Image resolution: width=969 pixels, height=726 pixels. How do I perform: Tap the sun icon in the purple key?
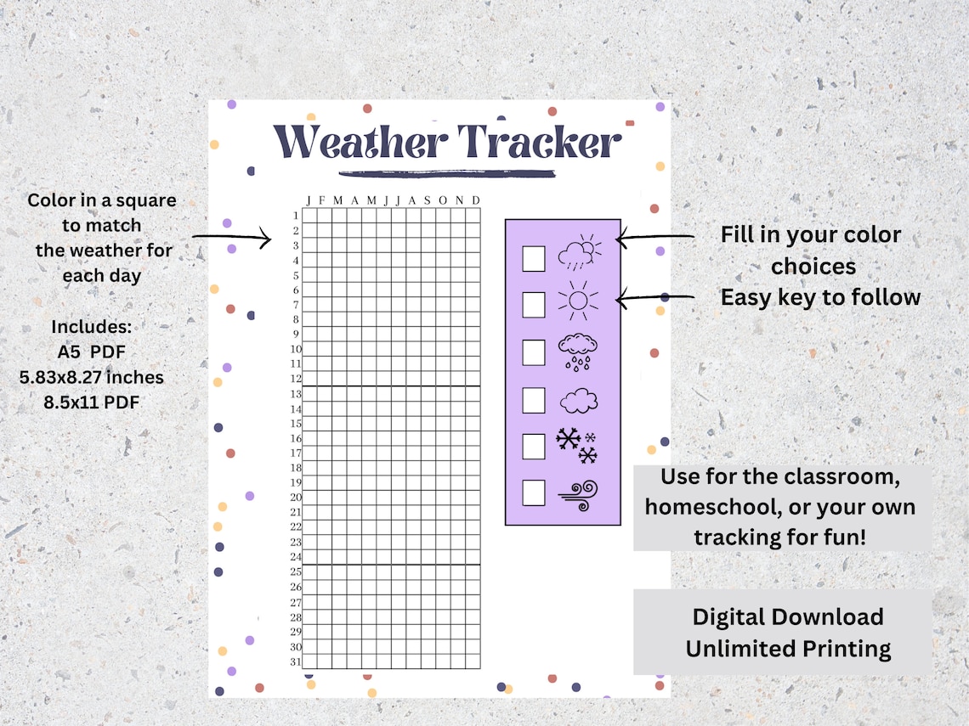(577, 300)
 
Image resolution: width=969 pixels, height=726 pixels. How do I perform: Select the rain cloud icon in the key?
(577, 352)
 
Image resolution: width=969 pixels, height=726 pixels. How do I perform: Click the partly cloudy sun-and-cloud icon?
(579, 252)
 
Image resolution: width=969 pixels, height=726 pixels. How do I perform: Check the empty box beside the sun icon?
(533, 303)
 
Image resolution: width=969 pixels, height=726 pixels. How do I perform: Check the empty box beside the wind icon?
(533, 492)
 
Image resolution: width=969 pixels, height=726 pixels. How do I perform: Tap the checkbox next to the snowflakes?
(533, 446)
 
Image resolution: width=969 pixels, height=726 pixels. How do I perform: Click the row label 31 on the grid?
(296, 662)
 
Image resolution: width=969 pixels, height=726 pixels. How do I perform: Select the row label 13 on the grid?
(296, 394)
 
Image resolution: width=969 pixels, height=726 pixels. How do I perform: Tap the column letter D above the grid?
(475, 200)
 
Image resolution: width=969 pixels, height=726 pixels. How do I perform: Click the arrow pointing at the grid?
(231, 238)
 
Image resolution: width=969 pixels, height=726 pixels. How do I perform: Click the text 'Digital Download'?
(787, 616)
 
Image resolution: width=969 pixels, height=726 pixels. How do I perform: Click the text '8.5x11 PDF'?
(92, 402)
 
